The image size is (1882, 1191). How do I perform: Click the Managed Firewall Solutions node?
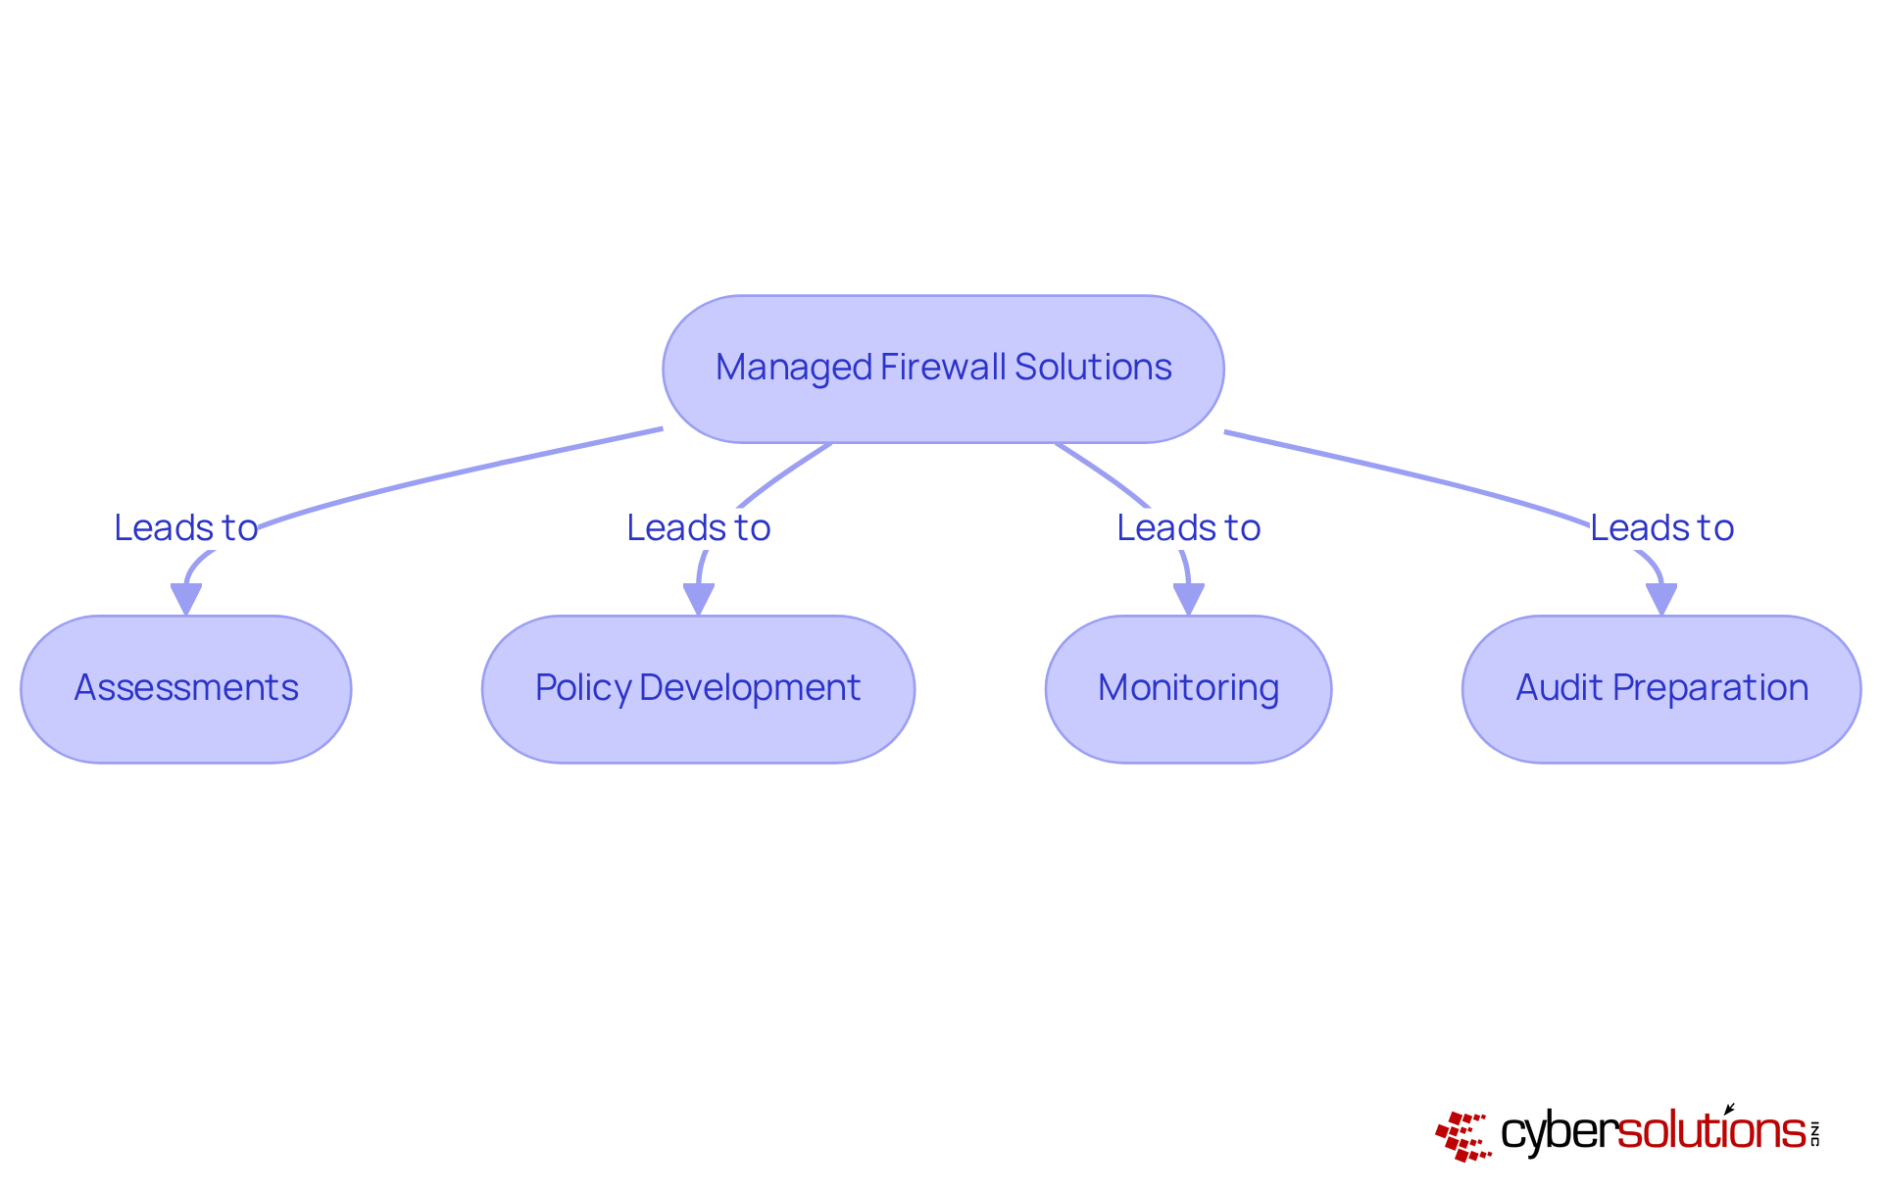pos(943,369)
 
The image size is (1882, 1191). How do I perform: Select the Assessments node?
pos(186,688)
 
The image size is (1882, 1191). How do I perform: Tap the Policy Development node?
pos(698,688)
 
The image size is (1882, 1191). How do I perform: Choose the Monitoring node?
pos(1188,688)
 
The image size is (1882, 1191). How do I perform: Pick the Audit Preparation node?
pos(1661,688)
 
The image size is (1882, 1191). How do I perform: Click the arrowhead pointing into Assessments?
pos(186,599)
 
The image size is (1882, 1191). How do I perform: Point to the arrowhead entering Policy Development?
pos(698,599)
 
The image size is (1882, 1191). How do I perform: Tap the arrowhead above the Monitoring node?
pos(1188,599)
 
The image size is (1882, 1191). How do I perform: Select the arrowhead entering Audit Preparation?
pos(1661,599)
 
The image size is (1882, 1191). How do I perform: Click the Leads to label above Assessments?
pos(186,528)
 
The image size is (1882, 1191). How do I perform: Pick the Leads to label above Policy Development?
pos(698,528)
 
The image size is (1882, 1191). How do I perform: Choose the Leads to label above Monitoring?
pos(1188,528)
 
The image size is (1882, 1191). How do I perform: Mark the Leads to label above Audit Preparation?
pos(1661,528)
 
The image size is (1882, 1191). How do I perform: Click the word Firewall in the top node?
pos(943,368)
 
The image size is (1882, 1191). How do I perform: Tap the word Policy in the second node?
pos(582,688)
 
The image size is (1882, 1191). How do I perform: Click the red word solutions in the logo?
pos(1710,1131)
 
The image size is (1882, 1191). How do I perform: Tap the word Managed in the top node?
pos(794,369)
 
